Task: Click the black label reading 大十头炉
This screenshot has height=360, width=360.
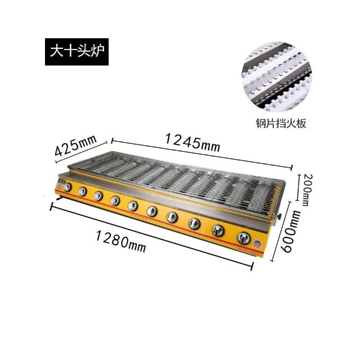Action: [76, 52]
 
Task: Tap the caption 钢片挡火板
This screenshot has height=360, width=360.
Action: [281, 124]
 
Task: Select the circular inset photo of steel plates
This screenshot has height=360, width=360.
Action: [277, 76]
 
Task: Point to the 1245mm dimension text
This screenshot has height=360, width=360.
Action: [192, 143]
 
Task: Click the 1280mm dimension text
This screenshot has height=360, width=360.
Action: [121, 242]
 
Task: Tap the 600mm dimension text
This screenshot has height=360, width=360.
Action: [290, 231]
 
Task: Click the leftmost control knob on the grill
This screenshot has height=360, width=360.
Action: [67, 187]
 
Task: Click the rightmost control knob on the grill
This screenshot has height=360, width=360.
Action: [244, 238]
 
